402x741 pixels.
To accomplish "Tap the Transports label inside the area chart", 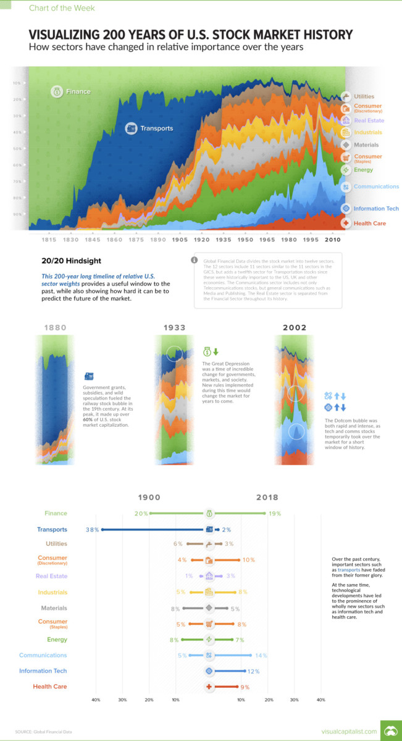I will [156, 128].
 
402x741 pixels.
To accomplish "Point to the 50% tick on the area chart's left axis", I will [17, 149].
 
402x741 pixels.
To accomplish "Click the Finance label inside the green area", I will [79, 91].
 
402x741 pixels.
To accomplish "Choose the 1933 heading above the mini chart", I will [175, 327].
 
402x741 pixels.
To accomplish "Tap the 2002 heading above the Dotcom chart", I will [294, 327].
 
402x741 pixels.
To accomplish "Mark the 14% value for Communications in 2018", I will [261, 655].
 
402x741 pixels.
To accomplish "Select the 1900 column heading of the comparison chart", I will [149, 497].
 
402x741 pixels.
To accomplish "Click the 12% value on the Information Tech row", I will [253, 671].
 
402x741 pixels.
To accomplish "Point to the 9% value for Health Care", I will [245, 687].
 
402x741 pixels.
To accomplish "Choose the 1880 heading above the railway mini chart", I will [56, 327].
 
